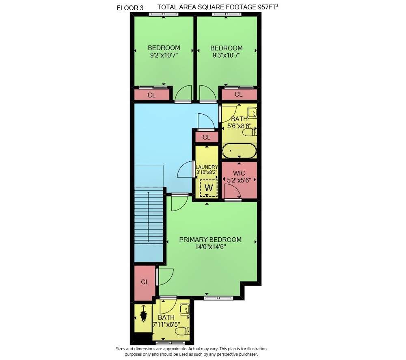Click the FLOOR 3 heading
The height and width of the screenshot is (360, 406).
[x=130, y=8]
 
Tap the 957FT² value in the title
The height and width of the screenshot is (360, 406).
[x=268, y=7]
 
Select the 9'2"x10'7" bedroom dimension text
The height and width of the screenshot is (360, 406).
[x=164, y=55]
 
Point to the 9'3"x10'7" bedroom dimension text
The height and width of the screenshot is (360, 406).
[x=226, y=56]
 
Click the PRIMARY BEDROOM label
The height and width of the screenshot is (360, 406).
[x=210, y=240]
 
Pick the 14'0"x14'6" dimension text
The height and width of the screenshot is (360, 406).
[x=210, y=247]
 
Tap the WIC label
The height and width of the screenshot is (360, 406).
[x=239, y=173]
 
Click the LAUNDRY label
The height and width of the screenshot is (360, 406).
[x=207, y=167]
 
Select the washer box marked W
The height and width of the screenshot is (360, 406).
[x=209, y=188]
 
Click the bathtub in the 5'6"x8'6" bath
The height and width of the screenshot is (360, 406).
[x=239, y=151]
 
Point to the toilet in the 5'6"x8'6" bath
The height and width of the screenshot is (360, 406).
[x=250, y=132]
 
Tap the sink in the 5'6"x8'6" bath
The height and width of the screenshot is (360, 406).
[x=252, y=112]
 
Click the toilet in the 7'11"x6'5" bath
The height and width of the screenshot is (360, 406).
[x=182, y=331]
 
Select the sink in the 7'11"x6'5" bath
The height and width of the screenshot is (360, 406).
[x=185, y=309]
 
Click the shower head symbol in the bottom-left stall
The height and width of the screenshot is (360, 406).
[x=143, y=314]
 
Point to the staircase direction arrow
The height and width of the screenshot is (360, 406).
[x=148, y=217]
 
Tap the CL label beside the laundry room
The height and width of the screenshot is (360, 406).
[x=206, y=137]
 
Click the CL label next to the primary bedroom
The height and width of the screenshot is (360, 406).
[x=145, y=282]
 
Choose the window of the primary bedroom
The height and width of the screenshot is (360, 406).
[x=219, y=298]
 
